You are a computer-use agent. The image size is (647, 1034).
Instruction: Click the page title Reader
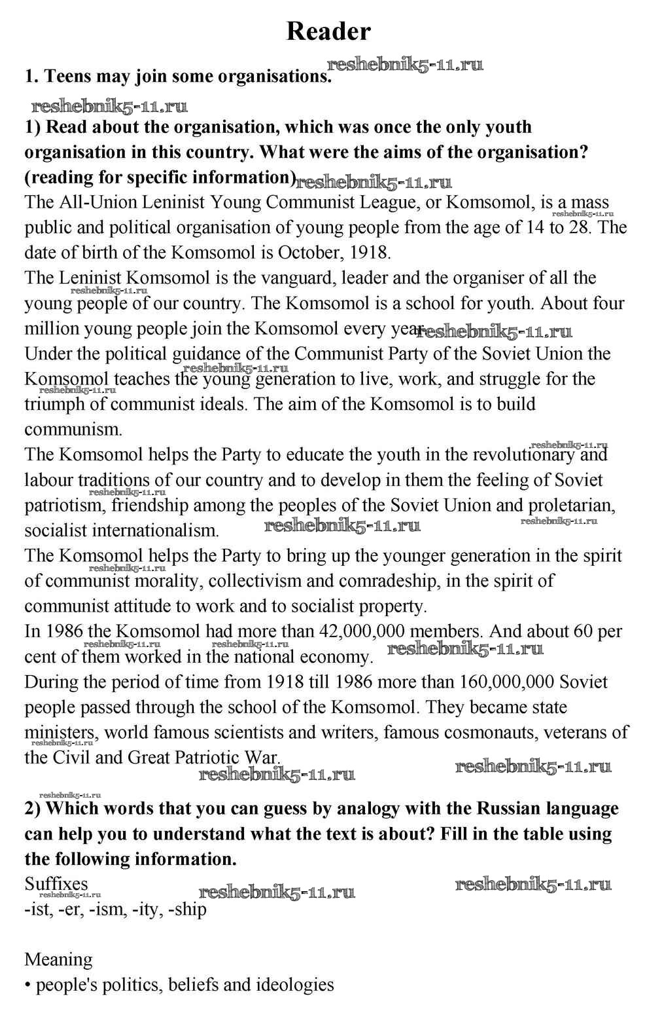[x=328, y=31]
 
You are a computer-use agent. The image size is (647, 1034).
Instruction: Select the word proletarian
[x=572, y=506]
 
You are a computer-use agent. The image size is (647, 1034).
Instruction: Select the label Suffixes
[x=56, y=884]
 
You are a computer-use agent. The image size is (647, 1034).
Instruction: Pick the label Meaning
[x=59, y=960]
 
